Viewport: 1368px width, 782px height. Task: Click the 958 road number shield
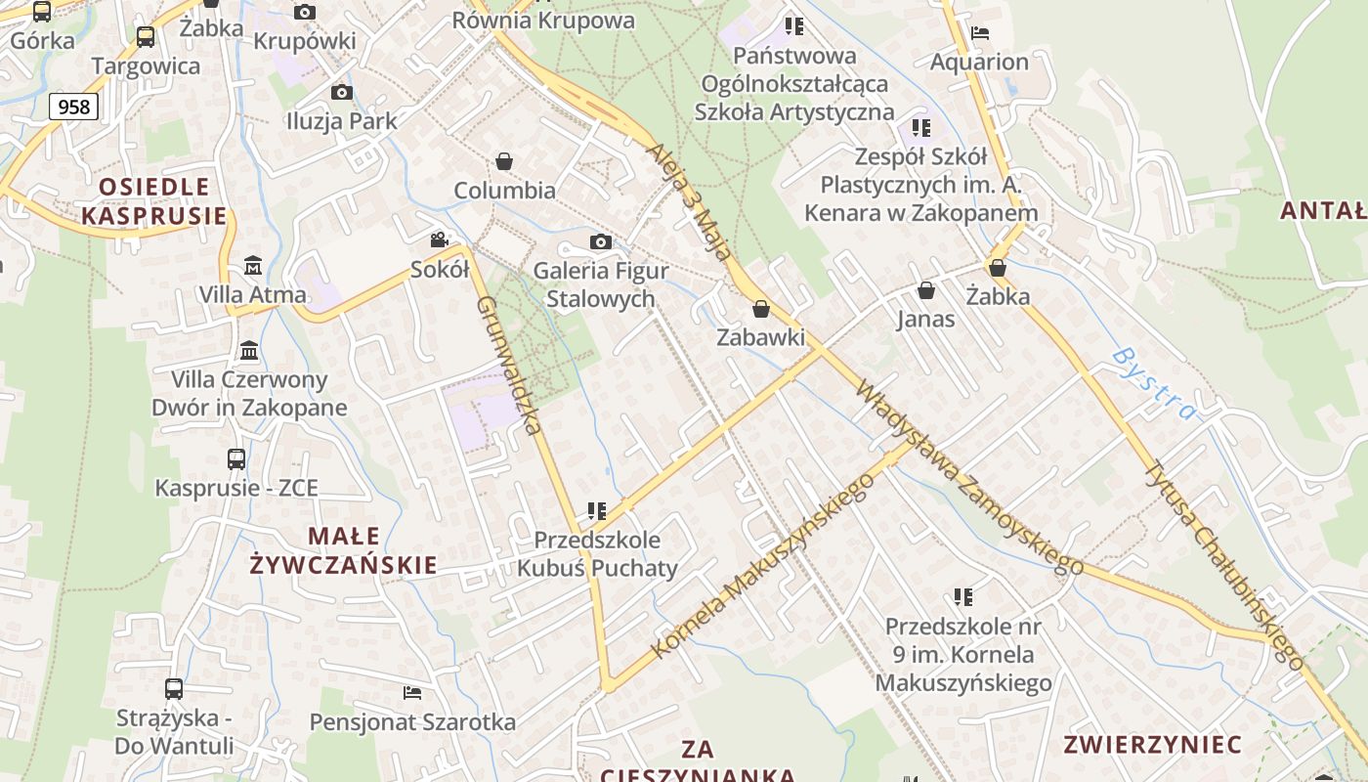pos(74,106)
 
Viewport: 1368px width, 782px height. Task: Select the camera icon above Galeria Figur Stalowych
pos(601,241)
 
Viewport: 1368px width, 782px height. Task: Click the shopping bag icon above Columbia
pos(504,161)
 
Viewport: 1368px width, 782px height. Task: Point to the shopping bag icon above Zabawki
pos(761,310)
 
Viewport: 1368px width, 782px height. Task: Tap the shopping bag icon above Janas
pos(926,290)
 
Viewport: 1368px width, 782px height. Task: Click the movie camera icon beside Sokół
pos(440,239)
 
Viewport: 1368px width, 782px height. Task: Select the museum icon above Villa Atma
pos(253,265)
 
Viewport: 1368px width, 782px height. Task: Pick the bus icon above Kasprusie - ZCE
pos(236,458)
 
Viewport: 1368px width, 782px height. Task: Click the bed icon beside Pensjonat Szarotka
pos(412,693)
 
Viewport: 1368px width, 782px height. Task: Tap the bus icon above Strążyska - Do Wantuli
pos(174,689)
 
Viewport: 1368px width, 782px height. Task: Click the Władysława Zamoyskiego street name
pos(968,476)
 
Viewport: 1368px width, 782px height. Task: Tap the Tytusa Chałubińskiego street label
pos(1223,564)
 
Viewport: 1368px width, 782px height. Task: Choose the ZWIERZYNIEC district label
pos(1152,744)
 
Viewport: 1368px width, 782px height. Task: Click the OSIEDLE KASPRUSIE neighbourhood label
pos(153,201)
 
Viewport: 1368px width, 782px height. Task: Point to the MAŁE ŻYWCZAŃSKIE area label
pos(343,549)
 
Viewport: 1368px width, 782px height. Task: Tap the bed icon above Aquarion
pos(980,32)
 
